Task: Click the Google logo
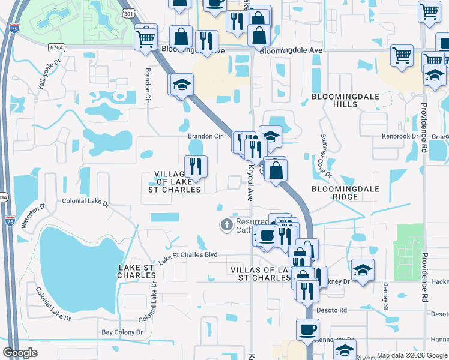tap(21, 353)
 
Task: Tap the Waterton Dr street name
tap(34, 216)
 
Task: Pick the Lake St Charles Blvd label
tap(187, 257)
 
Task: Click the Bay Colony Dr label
tap(122, 332)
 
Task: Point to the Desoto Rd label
tap(334, 310)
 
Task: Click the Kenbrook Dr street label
tap(400, 137)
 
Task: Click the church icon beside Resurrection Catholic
tap(226, 225)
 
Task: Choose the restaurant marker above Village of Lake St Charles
tap(195, 166)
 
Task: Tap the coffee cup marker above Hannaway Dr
tap(307, 329)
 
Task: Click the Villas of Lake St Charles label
tap(261, 274)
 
